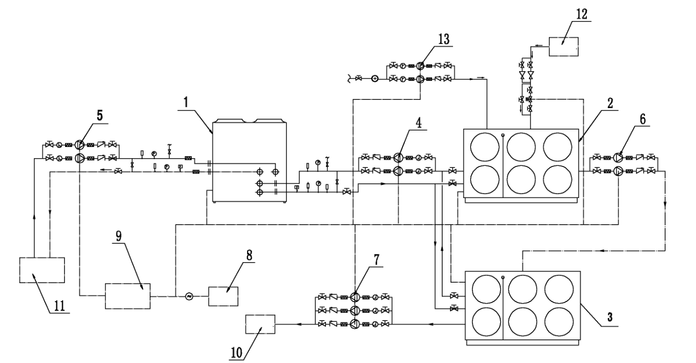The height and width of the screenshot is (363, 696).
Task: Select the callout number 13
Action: pyautogui.click(x=443, y=39)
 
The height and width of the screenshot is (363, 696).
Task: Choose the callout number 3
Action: pyautogui.click(x=609, y=317)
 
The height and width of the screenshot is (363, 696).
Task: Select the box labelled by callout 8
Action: pyautogui.click(x=223, y=296)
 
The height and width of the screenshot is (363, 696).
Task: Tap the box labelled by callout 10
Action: pyautogui.click(x=260, y=324)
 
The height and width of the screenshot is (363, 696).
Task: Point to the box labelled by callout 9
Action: pyautogui.click(x=128, y=296)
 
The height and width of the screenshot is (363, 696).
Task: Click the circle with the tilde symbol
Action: pyautogui.click(x=189, y=296)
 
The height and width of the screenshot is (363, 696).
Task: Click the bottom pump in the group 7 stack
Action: pyautogui.click(x=355, y=324)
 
